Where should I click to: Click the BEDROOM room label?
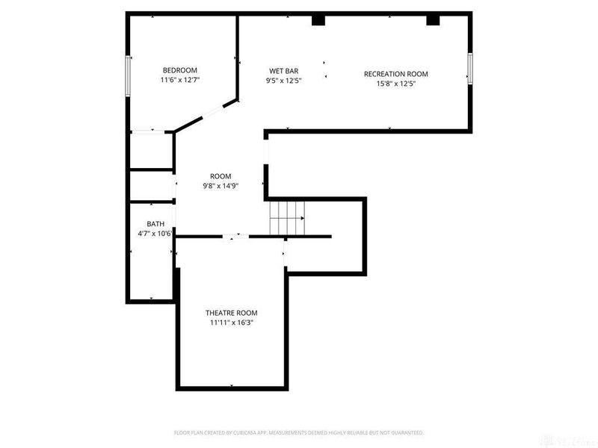[x=179, y=70]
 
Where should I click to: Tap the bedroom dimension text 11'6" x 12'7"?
[x=179, y=80]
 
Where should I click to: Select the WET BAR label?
[x=284, y=71]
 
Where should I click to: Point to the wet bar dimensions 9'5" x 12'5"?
[x=284, y=81]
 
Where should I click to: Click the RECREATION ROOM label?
[x=395, y=74]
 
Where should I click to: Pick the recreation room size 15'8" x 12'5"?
[x=395, y=84]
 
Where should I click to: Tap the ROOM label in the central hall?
[x=221, y=176]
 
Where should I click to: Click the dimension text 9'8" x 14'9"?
[x=221, y=186]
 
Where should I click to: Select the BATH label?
[x=155, y=224]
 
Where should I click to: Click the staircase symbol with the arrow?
[x=288, y=218]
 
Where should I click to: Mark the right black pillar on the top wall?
[x=433, y=20]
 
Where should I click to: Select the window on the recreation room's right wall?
[x=471, y=68]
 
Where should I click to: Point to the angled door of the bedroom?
[x=206, y=116]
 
